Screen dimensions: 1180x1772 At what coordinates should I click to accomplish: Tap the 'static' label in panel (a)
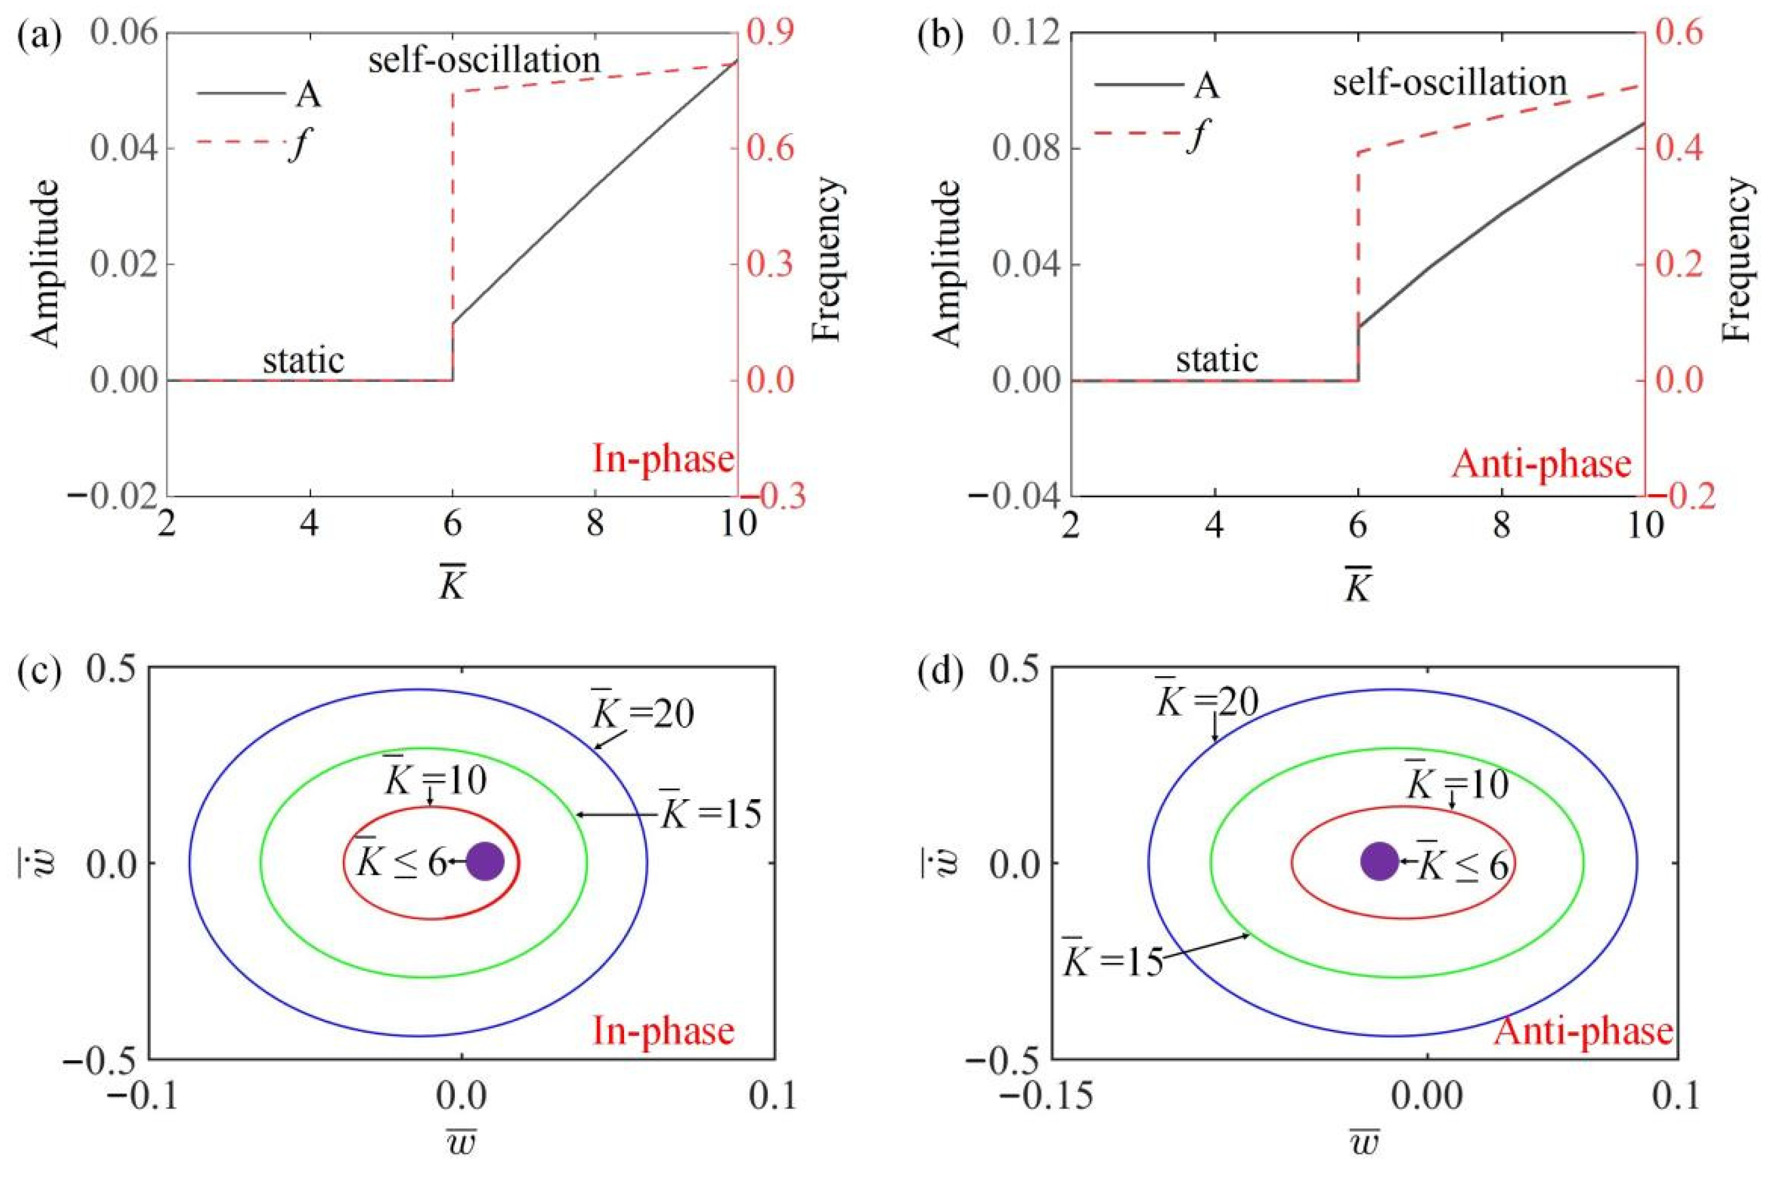(303, 361)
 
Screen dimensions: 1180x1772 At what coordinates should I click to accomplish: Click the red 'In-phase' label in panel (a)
(662, 459)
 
